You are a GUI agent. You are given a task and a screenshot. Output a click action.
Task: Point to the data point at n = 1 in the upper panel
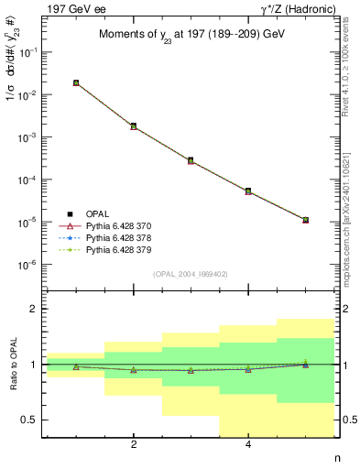pos(76,82)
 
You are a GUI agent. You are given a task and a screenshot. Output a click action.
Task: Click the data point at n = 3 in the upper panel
pos(191,160)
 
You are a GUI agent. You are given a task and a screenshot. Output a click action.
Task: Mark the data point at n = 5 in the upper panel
pos(305,220)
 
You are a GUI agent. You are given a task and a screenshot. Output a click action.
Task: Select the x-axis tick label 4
pos(248,446)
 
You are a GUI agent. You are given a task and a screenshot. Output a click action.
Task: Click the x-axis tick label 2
pos(134,446)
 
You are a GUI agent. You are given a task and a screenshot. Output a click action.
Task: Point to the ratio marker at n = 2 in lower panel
pos(134,370)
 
